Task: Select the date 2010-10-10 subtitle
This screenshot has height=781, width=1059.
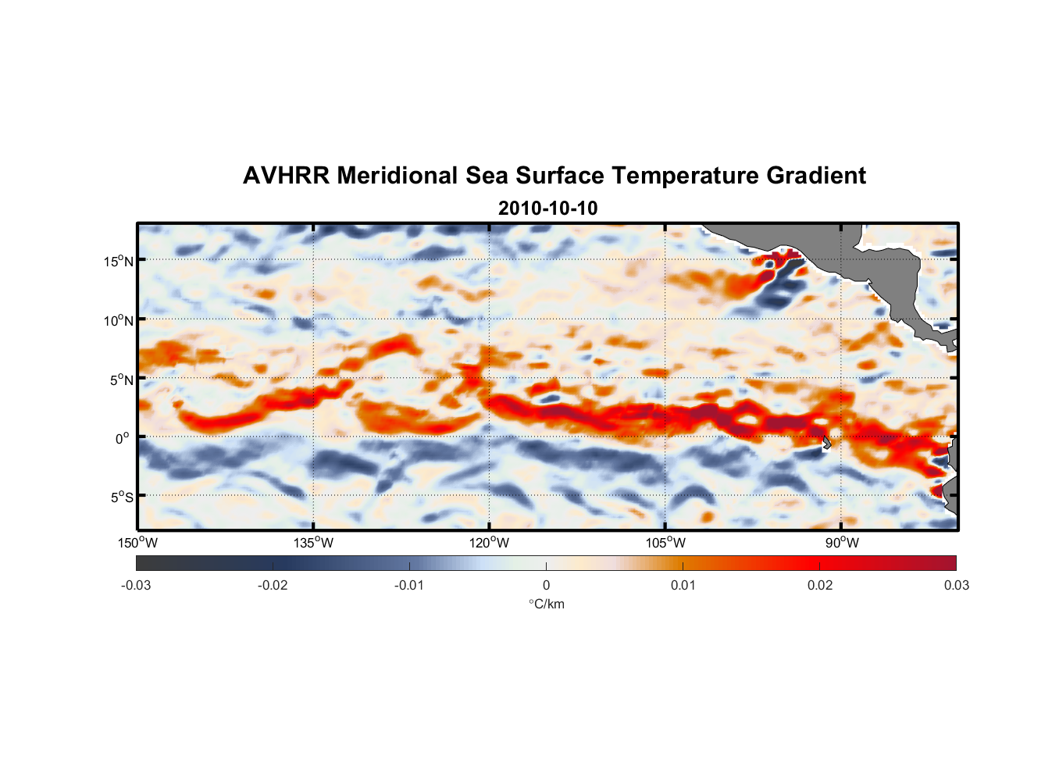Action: (x=547, y=209)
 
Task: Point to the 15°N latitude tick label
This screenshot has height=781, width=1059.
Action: (x=119, y=261)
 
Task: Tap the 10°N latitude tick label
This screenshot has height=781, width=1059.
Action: (x=119, y=320)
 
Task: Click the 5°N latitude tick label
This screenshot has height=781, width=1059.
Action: (x=122, y=380)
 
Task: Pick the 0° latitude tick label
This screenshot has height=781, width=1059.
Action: (x=123, y=438)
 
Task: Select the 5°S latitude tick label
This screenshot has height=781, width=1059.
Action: (x=122, y=497)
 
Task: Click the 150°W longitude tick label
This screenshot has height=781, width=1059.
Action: (x=138, y=543)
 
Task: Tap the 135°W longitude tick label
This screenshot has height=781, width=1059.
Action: (x=314, y=543)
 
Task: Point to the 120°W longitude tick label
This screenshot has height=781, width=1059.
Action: (x=490, y=543)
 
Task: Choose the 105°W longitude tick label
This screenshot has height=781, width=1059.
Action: (x=665, y=543)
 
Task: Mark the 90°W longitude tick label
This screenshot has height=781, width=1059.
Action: (x=842, y=543)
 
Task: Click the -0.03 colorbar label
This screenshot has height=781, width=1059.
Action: (x=136, y=585)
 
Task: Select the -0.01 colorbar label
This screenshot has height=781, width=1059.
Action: (x=409, y=585)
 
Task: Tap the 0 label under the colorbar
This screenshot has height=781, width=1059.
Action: (x=546, y=585)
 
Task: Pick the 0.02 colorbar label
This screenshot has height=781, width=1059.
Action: (x=820, y=585)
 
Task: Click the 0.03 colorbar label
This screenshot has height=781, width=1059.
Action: (x=956, y=585)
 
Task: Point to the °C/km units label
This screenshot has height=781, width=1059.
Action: (x=547, y=604)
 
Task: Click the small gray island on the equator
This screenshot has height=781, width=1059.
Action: (x=826, y=443)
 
